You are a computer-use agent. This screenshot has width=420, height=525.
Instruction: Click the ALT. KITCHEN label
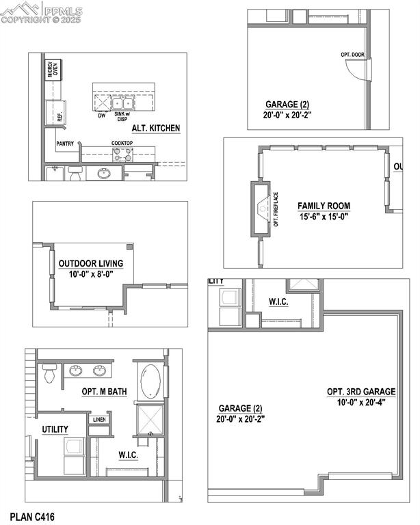tap(156, 128)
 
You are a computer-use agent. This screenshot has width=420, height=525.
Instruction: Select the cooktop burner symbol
tap(122, 154)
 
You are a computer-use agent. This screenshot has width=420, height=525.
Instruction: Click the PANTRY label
tap(66, 144)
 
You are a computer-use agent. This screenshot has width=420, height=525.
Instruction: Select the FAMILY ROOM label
tap(324, 206)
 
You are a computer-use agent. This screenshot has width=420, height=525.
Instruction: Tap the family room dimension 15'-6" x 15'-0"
tap(324, 217)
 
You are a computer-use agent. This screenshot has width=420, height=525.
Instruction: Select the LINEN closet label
tap(99, 419)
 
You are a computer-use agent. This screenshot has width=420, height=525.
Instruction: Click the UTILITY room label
tap(55, 429)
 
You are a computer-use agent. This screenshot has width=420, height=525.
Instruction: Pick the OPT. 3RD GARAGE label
tap(357, 392)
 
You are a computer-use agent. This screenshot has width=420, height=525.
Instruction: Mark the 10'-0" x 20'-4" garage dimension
tap(357, 403)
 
